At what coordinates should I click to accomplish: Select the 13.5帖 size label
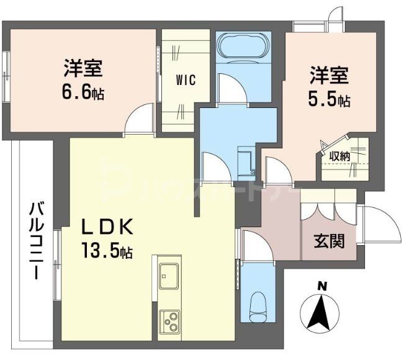tap(107, 251)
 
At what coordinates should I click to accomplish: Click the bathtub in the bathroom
tap(243, 47)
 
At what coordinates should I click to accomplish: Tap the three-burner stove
tap(169, 321)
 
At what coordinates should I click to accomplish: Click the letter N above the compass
tap(321, 286)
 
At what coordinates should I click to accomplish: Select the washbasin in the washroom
tap(246, 160)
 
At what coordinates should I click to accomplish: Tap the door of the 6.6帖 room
tap(139, 120)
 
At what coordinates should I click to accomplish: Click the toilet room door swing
tap(256, 245)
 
